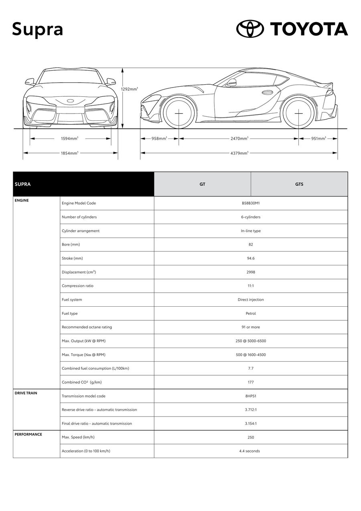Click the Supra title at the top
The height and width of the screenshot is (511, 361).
(37, 29)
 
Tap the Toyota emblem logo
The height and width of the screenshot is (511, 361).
(250, 29)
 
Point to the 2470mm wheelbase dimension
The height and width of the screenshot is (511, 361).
(239, 138)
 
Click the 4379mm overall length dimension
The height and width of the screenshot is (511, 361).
(239, 153)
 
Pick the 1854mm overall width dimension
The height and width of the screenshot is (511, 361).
(69, 153)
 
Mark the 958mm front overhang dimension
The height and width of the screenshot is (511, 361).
(159, 138)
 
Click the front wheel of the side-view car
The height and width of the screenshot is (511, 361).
(178, 113)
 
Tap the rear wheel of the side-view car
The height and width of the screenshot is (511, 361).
(299, 113)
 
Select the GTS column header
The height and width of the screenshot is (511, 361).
(299, 184)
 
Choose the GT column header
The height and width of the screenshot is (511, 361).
(203, 184)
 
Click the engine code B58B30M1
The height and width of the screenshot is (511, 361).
(251, 203)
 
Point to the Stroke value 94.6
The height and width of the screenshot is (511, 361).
(251, 258)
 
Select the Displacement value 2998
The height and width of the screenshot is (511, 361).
(251, 272)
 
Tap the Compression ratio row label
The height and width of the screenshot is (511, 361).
(77, 286)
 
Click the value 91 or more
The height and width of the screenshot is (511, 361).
(251, 327)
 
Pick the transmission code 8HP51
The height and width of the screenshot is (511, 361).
(251, 396)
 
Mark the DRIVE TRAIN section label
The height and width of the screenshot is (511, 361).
(26, 393)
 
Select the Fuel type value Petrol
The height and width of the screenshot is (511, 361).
(251, 314)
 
